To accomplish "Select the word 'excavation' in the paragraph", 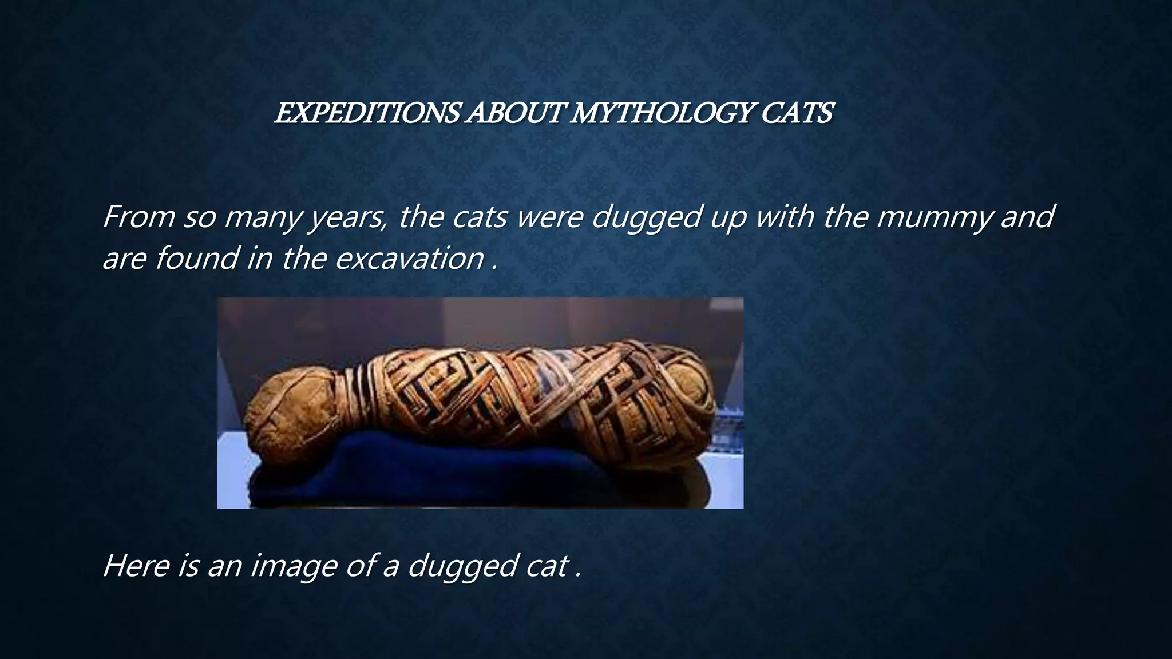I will pos(410,259).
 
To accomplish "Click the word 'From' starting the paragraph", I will pos(138,217).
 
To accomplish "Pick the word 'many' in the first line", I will pos(261,217).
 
